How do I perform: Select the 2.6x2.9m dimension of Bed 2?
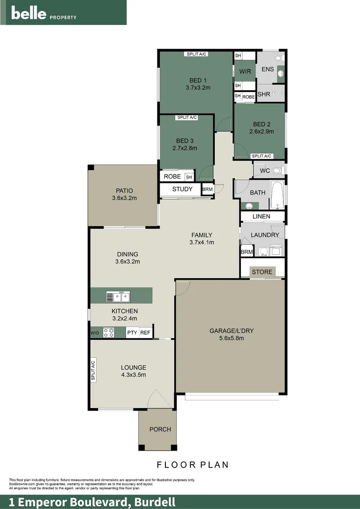click(262, 132)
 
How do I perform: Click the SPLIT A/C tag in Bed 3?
click(187, 117)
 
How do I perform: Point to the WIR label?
click(245, 72)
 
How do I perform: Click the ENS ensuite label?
click(268, 69)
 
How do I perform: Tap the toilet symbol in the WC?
click(277, 170)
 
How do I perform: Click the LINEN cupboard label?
click(261, 216)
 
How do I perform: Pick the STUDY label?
click(182, 189)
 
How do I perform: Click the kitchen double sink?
click(118, 296)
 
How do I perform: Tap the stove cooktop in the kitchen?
click(108, 332)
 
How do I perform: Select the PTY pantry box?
click(132, 332)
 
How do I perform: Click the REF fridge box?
click(146, 332)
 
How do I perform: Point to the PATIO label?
click(124, 191)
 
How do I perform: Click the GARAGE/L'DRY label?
click(231, 331)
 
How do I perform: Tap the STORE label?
click(262, 272)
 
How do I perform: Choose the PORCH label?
click(160, 429)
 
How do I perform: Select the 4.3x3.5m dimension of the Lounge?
click(133, 375)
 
